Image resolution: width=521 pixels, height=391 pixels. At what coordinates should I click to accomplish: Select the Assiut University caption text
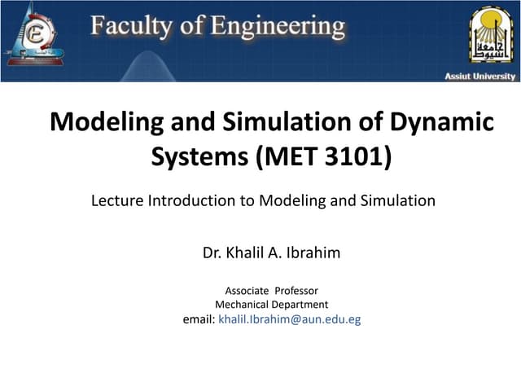click(x=479, y=76)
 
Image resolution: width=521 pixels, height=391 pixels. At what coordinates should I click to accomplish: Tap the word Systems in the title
click(x=200, y=156)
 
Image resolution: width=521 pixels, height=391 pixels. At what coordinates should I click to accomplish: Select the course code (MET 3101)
click(x=324, y=156)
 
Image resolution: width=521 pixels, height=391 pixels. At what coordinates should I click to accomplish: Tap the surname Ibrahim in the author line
click(x=314, y=253)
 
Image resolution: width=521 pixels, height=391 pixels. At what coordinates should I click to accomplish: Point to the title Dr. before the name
click(x=212, y=253)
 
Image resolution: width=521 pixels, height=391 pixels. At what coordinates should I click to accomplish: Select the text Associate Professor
click(x=271, y=291)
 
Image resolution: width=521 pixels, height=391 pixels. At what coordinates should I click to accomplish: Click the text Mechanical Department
click(x=271, y=305)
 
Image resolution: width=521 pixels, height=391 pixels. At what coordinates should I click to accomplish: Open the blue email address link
click(x=290, y=319)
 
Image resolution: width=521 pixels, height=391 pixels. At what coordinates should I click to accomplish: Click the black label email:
click(x=199, y=319)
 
